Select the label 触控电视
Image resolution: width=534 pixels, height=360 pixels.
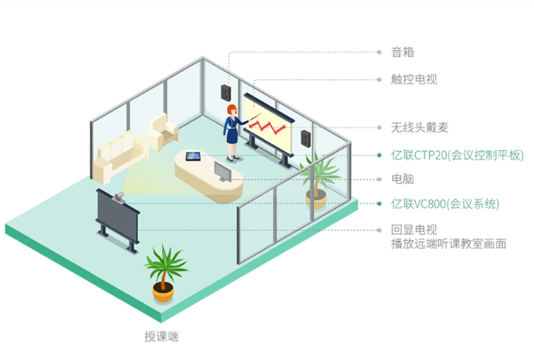coord(413,79)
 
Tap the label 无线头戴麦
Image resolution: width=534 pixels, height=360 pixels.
coord(418,127)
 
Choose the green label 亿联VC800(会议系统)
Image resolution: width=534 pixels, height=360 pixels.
coord(444,204)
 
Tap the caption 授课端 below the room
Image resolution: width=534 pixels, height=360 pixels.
coord(161,337)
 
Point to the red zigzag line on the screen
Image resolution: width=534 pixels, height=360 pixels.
coord(270,125)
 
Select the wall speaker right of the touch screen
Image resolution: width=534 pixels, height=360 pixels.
coord(305,139)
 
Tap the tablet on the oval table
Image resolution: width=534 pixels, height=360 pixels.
coord(192,157)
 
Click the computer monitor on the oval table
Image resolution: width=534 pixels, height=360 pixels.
coord(224,171)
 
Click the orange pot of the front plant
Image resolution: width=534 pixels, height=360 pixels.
coord(163,293)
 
